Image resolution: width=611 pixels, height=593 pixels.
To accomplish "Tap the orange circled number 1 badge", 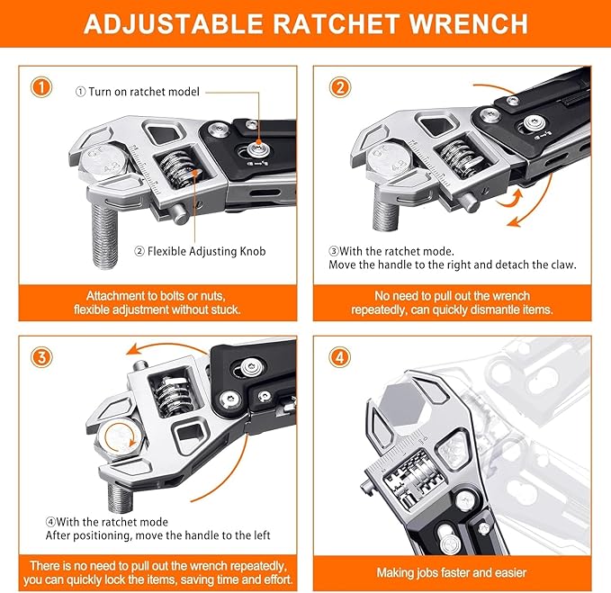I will point(40,87).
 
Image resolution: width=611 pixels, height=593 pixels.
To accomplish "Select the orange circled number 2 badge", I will point(339,87).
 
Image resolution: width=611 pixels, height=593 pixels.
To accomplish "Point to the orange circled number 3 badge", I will point(40,356).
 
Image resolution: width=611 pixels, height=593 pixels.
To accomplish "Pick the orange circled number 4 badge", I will point(339,356).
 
